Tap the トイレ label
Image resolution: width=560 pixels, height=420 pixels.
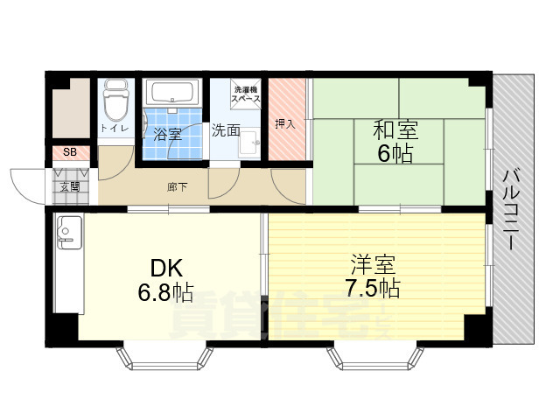tap(115, 129)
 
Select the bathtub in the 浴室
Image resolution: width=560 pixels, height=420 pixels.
tap(174, 94)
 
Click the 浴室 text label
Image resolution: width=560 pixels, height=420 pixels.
tap(167, 134)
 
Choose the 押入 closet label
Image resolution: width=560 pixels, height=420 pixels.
tap(285, 123)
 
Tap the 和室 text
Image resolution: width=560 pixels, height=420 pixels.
tap(395, 131)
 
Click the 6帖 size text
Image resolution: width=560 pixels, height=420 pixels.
tap(395, 154)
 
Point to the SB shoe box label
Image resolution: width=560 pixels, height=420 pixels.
tap(69, 153)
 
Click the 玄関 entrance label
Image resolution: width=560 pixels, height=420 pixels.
tap(69, 185)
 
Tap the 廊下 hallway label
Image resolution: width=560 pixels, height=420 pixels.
tap(176, 186)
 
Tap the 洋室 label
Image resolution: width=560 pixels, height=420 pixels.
tap(373, 262)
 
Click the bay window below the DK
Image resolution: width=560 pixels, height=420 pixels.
tap(165, 357)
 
